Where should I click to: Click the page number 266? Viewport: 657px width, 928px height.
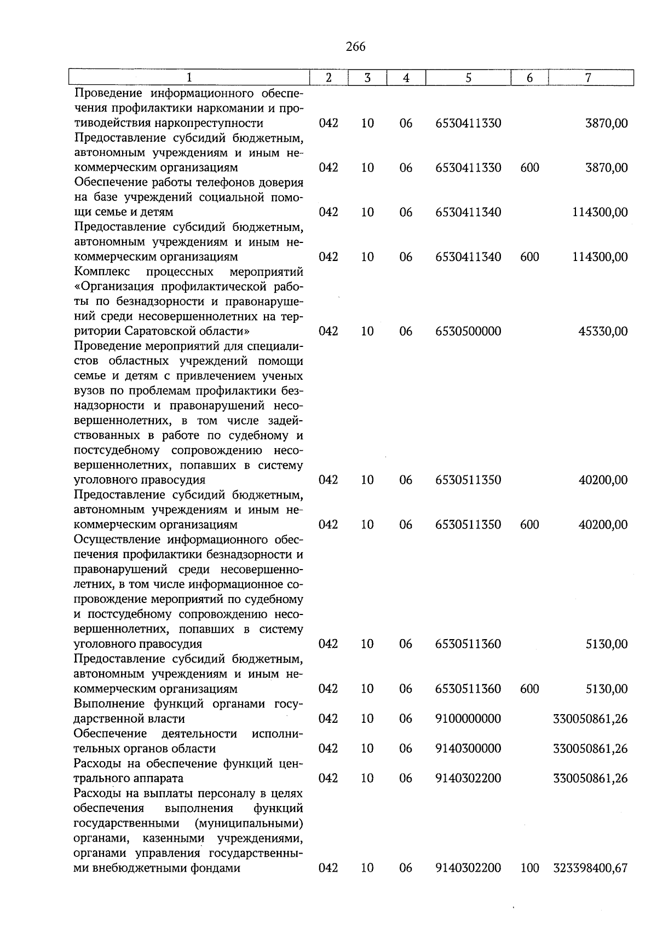(355, 47)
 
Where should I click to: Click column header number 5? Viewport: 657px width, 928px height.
(468, 78)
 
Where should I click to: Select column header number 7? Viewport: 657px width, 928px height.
(588, 78)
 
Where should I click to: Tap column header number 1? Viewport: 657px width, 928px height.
(189, 78)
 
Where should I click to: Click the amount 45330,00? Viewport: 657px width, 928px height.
(603, 332)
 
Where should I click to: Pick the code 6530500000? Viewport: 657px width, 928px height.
(468, 332)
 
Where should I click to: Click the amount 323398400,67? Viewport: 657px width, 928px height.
(590, 868)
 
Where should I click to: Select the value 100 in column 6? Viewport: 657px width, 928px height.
(529, 868)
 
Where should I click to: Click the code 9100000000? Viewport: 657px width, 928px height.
(468, 719)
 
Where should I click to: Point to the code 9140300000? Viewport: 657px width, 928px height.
(468, 749)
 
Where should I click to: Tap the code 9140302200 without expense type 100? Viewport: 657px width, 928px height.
(468, 778)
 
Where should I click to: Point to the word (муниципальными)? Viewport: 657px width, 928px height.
(249, 823)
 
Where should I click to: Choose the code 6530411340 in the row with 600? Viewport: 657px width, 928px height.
(468, 257)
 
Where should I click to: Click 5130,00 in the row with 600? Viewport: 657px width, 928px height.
(607, 689)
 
